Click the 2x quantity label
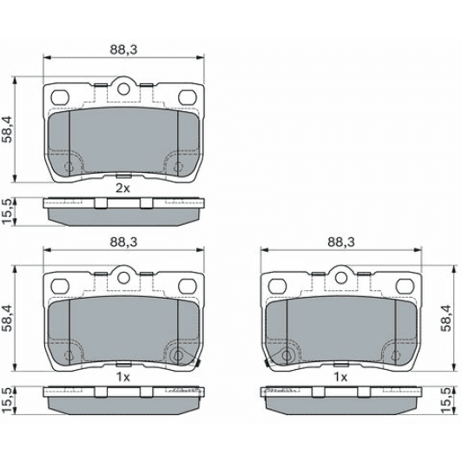[122, 188]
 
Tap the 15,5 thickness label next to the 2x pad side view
[8, 211]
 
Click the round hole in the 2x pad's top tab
[122, 87]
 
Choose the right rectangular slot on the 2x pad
[186, 97]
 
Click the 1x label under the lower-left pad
[122, 377]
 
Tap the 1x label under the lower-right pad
[340, 377]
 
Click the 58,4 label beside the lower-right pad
[446, 318]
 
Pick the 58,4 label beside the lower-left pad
[8, 318]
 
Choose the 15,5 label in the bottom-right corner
[446, 401]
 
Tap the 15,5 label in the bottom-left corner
[8, 401]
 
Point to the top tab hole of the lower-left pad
[122, 278]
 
